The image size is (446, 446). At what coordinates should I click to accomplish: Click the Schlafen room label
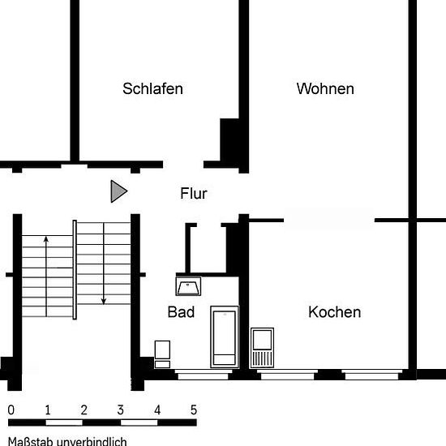click(x=152, y=88)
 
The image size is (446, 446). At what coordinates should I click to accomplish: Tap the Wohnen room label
click(x=325, y=88)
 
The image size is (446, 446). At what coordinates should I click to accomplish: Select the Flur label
click(x=194, y=194)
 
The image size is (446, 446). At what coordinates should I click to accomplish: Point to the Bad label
click(x=181, y=312)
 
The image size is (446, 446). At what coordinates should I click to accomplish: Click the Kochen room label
click(x=335, y=312)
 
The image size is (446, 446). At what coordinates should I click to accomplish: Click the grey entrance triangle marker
click(x=118, y=191)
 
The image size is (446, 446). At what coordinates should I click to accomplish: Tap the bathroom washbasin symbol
click(x=188, y=286)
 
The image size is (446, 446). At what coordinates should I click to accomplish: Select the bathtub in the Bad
click(x=225, y=337)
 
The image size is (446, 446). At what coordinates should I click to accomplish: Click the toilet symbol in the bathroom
click(x=162, y=354)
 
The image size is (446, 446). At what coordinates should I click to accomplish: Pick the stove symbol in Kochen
click(x=262, y=348)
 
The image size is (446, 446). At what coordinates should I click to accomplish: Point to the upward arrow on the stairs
click(x=46, y=277)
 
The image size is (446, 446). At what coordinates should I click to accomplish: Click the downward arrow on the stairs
click(x=104, y=264)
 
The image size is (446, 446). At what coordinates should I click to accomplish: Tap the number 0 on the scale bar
click(x=11, y=410)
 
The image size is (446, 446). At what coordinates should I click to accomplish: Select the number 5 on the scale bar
click(x=194, y=410)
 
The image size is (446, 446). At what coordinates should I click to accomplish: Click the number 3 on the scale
click(x=120, y=410)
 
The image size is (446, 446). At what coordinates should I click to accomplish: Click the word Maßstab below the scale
click(x=31, y=441)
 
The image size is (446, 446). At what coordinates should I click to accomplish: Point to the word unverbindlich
click(x=92, y=441)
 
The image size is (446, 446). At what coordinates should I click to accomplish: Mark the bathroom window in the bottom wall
click(x=203, y=375)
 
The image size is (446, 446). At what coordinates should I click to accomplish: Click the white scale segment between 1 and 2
click(x=64, y=422)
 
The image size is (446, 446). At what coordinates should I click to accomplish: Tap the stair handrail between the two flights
click(x=75, y=270)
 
